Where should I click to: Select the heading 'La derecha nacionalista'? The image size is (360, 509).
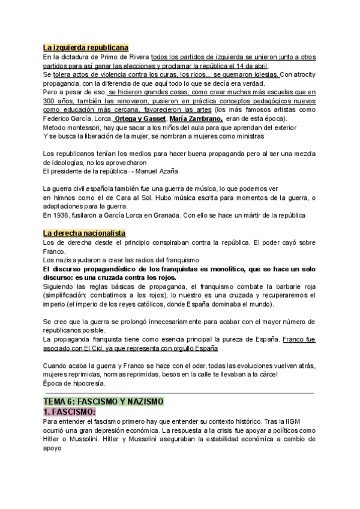point(84,233)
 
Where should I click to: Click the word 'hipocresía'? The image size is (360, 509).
point(88,383)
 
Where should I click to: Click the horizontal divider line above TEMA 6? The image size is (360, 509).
point(179,393)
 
